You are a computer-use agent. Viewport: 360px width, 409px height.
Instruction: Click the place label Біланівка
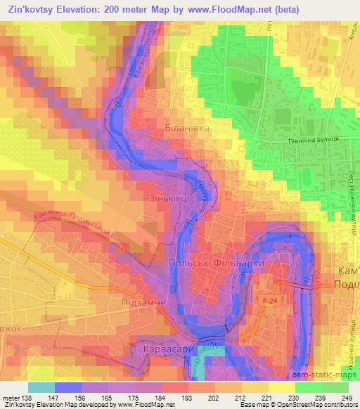click(186, 129)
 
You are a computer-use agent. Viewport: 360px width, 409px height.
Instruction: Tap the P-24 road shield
click(268, 300)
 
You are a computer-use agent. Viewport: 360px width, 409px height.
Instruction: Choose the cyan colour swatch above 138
click(41, 387)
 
